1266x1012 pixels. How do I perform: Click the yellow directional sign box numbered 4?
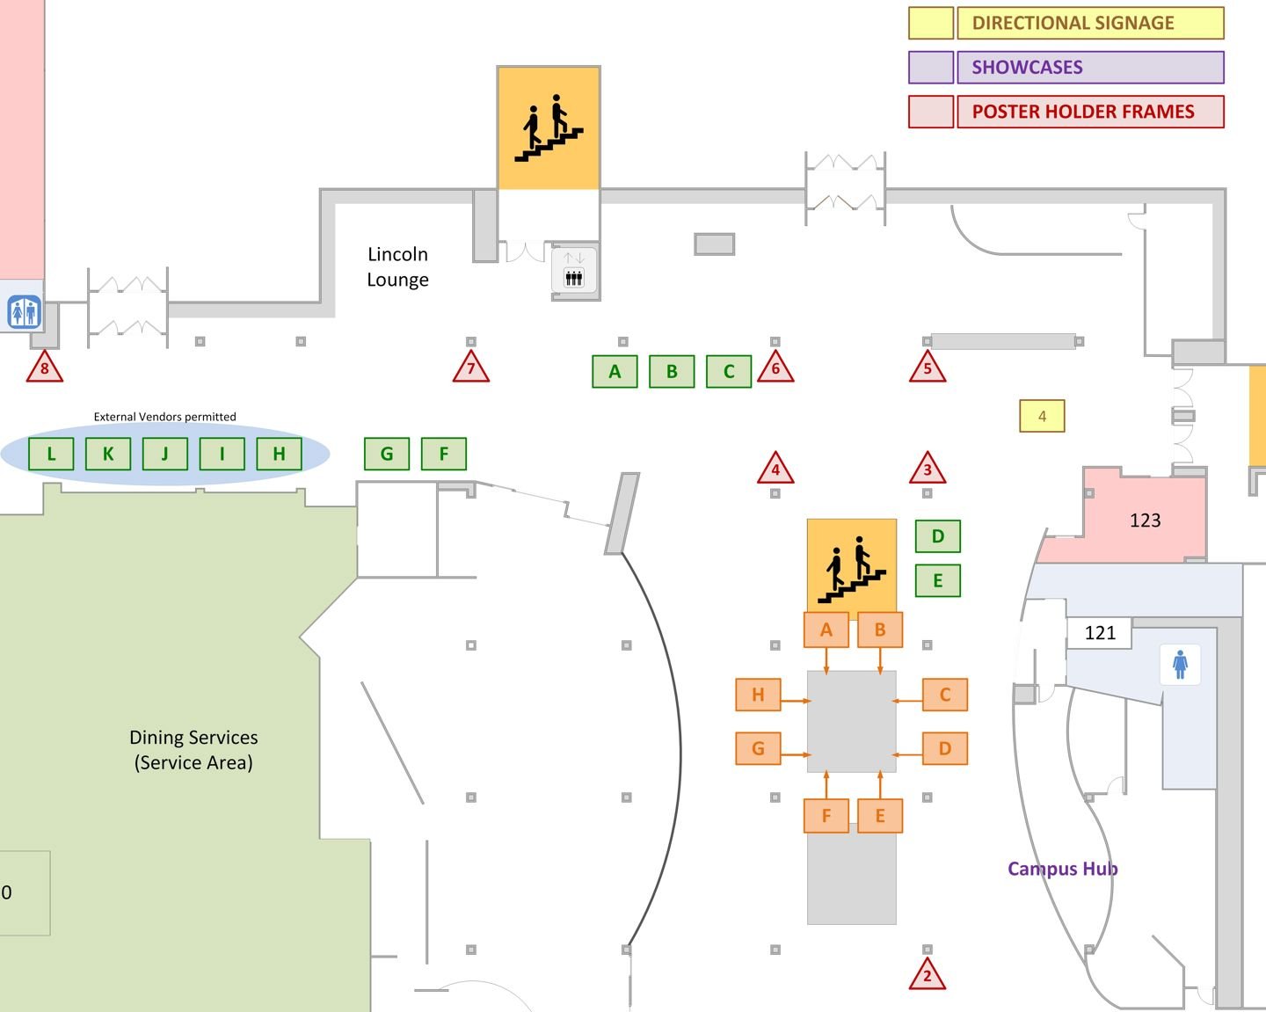[x=1042, y=416]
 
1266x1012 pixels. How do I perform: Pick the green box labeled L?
[x=51, y=454]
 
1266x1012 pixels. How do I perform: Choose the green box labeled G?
[x=387, y=454]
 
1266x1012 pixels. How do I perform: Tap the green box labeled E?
[x=938, y=580]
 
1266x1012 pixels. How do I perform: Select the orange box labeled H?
[x=758, y=695]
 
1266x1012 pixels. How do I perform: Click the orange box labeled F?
[x=826, y=815]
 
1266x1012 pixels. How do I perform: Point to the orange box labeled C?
[x=945, y=695]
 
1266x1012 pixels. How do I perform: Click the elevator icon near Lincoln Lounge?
[x=574, y=271]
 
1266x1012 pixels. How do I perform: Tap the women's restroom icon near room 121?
[x=1180, y=664]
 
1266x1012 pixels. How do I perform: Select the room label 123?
[x=1145, y=521]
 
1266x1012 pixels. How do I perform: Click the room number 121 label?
[x=1100, y=633]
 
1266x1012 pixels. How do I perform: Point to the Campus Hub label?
[x=1062, y=869]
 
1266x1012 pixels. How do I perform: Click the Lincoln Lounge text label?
[x=398, y=266]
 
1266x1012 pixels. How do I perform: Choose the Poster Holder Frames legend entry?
[x=1082, y=112]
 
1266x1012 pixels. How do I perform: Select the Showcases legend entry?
[x=1027, y=68]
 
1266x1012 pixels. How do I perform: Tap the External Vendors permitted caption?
[x=165, y=417]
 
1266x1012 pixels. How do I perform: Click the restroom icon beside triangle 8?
[x=24, y=312]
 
